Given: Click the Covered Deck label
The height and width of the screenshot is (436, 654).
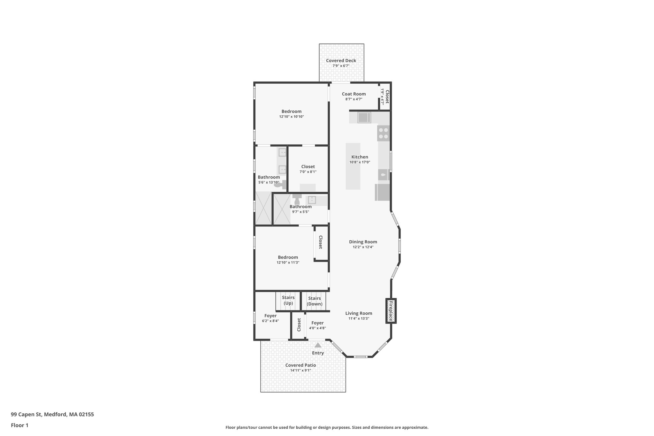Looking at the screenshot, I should click(x=341, y=61).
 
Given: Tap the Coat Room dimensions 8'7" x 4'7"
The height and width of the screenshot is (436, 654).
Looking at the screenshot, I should click(x=354, y=99).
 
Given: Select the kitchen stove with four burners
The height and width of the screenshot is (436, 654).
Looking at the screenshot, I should click(x=384, y=133).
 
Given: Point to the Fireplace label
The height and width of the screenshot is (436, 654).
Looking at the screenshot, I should click(x=391, y=311).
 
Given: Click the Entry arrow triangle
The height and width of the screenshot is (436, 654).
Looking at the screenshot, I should click(x=318, y=345).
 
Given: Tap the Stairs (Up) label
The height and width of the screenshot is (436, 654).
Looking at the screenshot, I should click(x=288, y=301).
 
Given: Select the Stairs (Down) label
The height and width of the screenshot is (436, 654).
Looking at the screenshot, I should click(x=315, y=301).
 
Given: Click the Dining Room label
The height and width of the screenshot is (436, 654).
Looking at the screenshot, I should click(x=363, y=242).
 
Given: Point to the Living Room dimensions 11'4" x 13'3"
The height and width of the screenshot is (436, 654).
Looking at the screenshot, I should click(x=359, y=318).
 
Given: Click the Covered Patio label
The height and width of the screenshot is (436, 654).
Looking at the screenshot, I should click(x=300, y=365).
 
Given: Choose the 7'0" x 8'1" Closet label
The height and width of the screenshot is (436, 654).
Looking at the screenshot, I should click(x=308, y=167).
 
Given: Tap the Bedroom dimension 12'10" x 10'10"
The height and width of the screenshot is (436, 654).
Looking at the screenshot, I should click(x=291, y=117).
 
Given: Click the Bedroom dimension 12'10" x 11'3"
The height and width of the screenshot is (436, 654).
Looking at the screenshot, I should click(x=288, y=263).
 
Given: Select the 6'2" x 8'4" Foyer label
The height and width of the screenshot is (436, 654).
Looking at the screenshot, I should click(x=270, y=316).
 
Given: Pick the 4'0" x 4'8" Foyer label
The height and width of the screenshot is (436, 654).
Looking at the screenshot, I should click(x=317, y=323).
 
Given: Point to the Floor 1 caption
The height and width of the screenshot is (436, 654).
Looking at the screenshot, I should click(x=19, y=425).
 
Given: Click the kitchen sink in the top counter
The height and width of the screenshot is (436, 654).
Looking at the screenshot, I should click(x=364, y=118).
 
